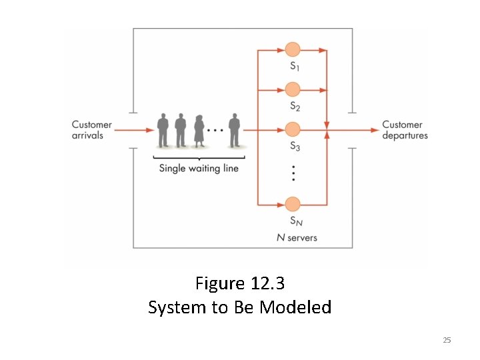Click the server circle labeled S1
pyautogui.click(x=293, y=50)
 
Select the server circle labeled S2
pyautogui.click(x=293, y=89)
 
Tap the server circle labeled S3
pyautogui.click(x=293, y=129)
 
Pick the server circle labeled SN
pyautogui.click(x=293, y=204)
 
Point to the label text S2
pyautogui.click(x=295, y=105)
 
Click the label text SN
pyautogui.click(x=295, y=221)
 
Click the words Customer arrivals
pyautogui.click(x=91, y=130)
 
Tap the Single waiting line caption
pyautogui.click(x=199, y=168)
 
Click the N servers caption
pyautogui.click(x=297, y=237)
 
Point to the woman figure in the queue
pyautogui.click(x=199, y=131)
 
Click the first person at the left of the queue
pyautogui.click(x=163, y=131)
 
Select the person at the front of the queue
pyautogui.click(x=233, y=131)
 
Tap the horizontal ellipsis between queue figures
pyautogui.click(x=215, y=130)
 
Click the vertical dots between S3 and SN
pyautogui.click(x=293, y=173)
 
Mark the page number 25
pyautogui.click(x=447, y=341)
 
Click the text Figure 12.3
pyautogui.click(x=240, y=283)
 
